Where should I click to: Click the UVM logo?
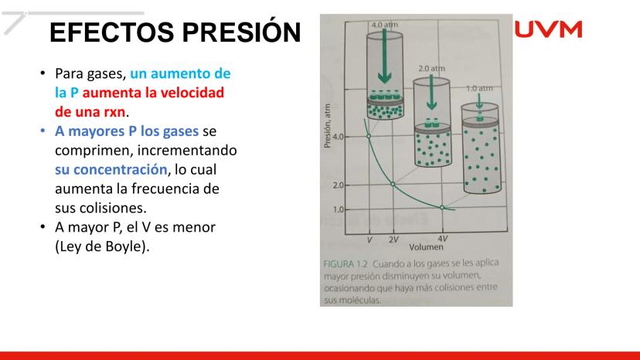(548, 29)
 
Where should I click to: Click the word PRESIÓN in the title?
(241, 32)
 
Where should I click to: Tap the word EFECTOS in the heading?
(112, 32)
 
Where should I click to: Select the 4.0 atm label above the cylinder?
(384, 25)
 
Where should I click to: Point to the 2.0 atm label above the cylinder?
(431, 69)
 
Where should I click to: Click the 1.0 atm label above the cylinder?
(479, 88)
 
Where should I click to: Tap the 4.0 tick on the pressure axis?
(338, 137)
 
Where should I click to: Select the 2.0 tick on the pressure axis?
(338, 185)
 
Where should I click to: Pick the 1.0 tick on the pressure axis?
(338, 210)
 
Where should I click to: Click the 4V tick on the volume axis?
(442, 239)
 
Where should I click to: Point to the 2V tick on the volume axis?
(393, 239)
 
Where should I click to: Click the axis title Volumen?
(426, 247)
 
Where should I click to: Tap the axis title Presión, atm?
(327, 126)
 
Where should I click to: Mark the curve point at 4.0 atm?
(369, 136)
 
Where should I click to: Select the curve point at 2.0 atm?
(393, 185)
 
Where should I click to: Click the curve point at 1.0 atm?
(442, 208)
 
